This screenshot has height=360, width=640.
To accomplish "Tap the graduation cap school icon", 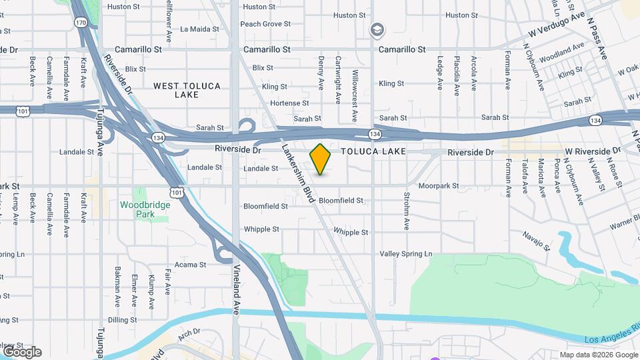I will tap(377, 30).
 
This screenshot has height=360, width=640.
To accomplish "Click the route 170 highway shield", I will tap(81, 23).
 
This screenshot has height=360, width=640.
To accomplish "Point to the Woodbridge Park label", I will tap(145, 209).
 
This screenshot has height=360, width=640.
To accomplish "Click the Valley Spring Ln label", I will tap(406, 254).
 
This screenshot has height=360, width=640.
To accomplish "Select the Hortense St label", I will tap(289, 103).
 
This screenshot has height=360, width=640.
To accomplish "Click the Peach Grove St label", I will tap(265, 24).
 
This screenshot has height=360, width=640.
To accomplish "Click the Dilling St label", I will tap(122, 320).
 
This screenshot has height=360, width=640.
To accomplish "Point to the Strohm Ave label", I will tap(406, 211).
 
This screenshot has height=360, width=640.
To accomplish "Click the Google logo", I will tap(22, 351).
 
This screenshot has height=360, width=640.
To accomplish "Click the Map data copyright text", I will tap(597, 354).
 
